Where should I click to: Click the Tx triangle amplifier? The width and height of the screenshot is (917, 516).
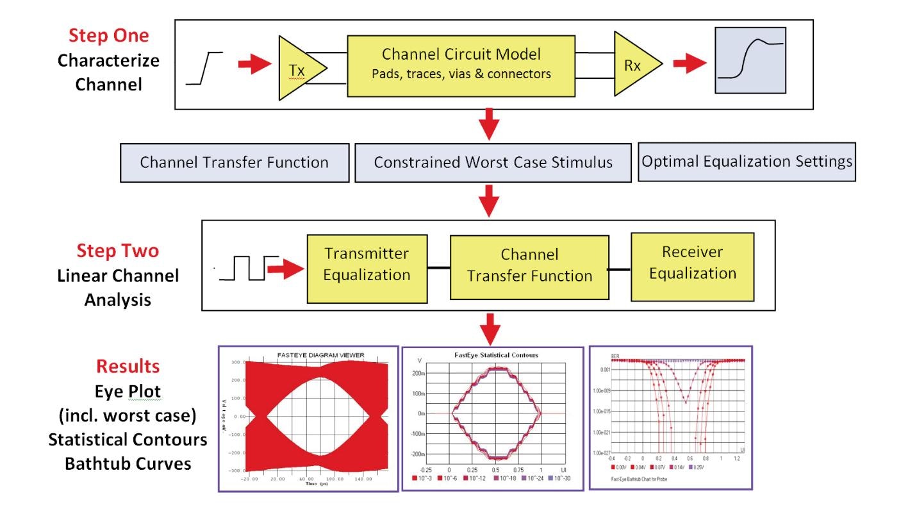coord(299,69)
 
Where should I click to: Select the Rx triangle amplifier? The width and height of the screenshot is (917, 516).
coord(634,64)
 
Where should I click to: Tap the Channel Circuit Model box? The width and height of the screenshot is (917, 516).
coord(461,63)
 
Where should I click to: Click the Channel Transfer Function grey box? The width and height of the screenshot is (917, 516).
coord(235,162)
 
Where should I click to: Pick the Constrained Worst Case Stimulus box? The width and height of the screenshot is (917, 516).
coord(493,162)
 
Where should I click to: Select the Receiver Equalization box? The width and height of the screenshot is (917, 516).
coord(693,263)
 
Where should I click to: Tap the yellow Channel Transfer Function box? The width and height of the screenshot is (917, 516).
coord(529,266)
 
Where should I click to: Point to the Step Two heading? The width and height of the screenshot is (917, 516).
coord(117,251)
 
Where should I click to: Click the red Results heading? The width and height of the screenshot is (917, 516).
coord(128,366)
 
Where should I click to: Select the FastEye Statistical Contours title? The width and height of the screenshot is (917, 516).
coord(493,354)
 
